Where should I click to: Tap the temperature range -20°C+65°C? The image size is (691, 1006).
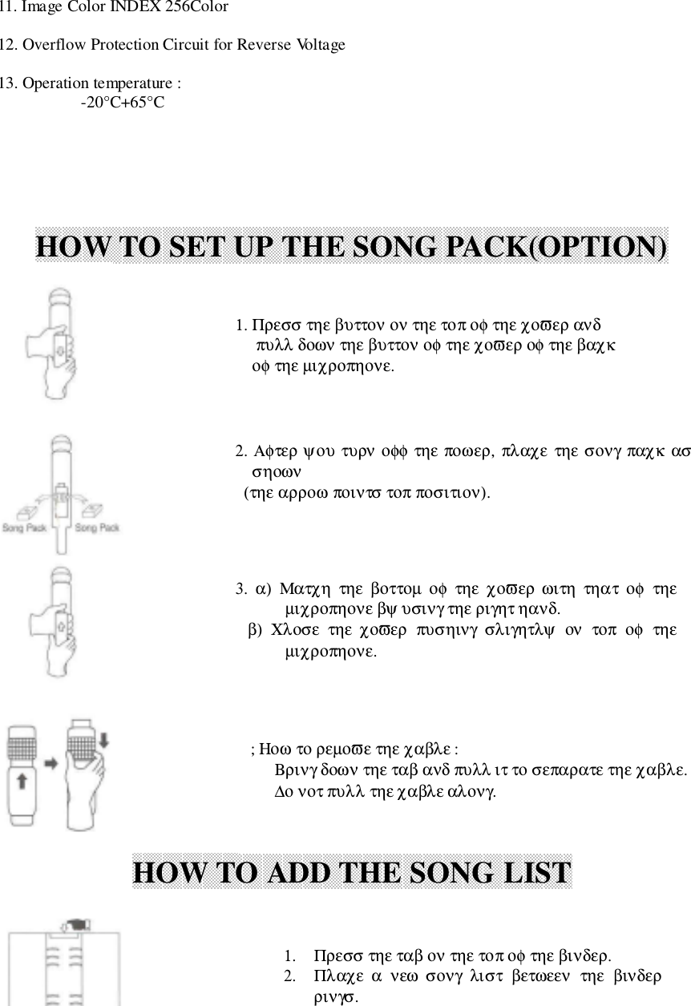tap(123, 102)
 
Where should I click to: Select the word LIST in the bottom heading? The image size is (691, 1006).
tap(531, 872)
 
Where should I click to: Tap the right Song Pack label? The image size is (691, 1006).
tap(97, 527)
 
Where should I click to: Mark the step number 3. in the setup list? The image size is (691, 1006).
tap(241, 591)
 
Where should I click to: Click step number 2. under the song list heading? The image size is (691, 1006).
tap(289, 976)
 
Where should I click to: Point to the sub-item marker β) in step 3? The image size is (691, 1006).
tap(255, 630)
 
